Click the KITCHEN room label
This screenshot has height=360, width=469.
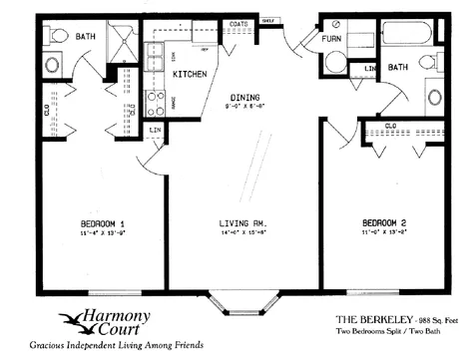(x=190, y=74)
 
